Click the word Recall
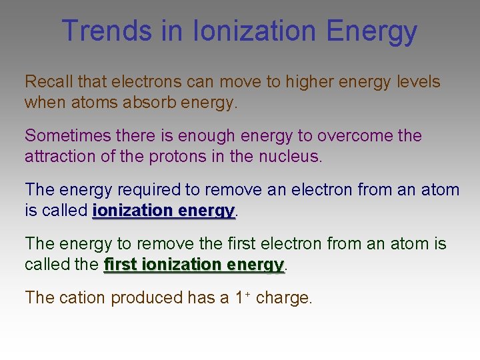(49, 82)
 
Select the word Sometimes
(69, 135)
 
